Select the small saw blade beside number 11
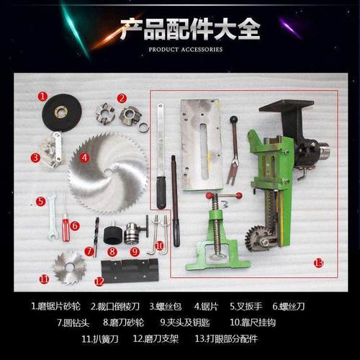point(69,267)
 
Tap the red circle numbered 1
point(42,95)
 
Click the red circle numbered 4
point(84,158)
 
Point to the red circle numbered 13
point(319,263)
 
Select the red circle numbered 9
point(134,251)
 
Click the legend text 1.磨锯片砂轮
point(57,305)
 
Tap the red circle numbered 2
point(122,98)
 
